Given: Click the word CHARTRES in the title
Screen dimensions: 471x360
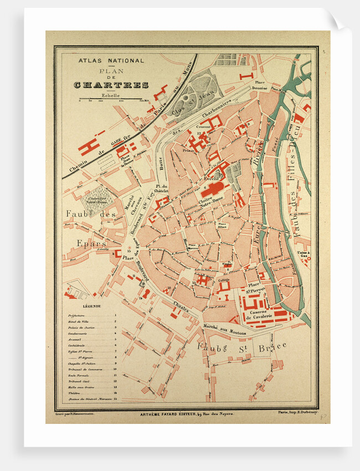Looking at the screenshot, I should click(111, 85).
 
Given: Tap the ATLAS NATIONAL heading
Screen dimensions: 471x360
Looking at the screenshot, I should click(111, 60).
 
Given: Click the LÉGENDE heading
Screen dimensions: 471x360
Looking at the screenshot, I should click(92, 306).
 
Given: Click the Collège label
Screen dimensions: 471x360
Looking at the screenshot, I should click(224, 280).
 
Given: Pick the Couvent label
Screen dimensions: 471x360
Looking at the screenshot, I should click(211, 126).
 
